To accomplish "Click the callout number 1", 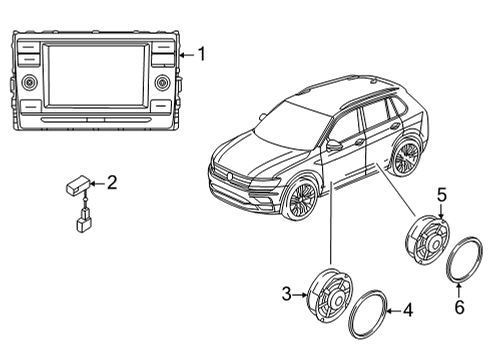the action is [201, 54].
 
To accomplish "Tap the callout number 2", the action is [112, 183].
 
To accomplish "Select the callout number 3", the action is [287, 294].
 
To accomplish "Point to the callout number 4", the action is [408, 310].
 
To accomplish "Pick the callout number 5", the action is [442, 195].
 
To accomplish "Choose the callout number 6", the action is [459, 307].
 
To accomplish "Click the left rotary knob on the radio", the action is [30, 82].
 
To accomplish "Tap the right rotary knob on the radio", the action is [163, 82].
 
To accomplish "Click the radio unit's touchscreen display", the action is [95, 76].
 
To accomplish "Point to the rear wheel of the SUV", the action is [406, 156].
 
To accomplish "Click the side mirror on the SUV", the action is [334, 145].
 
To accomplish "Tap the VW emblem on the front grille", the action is [229, 176].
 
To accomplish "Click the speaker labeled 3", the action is [330, 295].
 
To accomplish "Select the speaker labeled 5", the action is [427, 240].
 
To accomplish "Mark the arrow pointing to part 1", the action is [187, 55].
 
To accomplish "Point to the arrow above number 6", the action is [459, 290].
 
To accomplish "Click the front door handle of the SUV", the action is [359, 142].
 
